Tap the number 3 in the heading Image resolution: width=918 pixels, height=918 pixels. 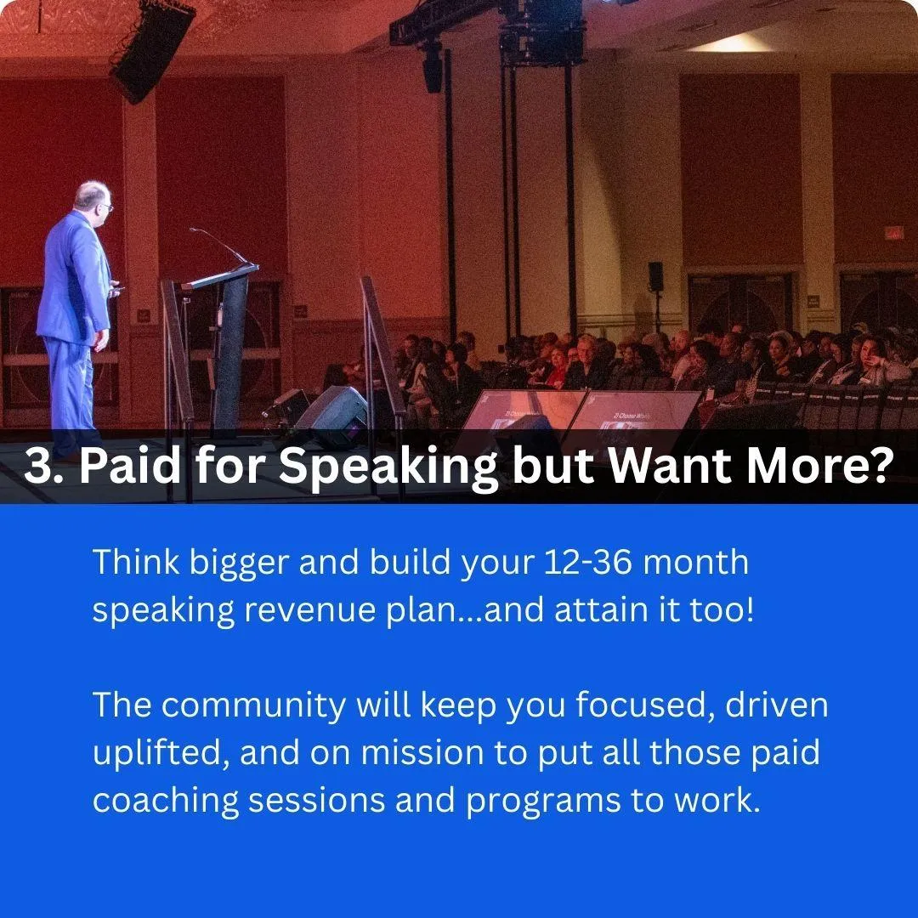click(x=37, y=467)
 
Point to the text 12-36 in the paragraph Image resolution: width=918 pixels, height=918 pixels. click(x=588, y=562)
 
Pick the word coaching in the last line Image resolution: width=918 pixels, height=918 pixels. click(x=166, y=801)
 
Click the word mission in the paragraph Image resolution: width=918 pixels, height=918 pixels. click(x=422, y=752)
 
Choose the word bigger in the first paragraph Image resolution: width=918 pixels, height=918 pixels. click(x=240, y=564)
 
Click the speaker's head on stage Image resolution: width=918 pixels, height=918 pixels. click(x=93, y=198)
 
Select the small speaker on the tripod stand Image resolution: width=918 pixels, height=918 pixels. click(x=655, y=277)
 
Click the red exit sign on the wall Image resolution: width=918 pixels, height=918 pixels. click(x=894, y=234)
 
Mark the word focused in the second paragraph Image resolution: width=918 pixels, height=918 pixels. click(x=644, y=705)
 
